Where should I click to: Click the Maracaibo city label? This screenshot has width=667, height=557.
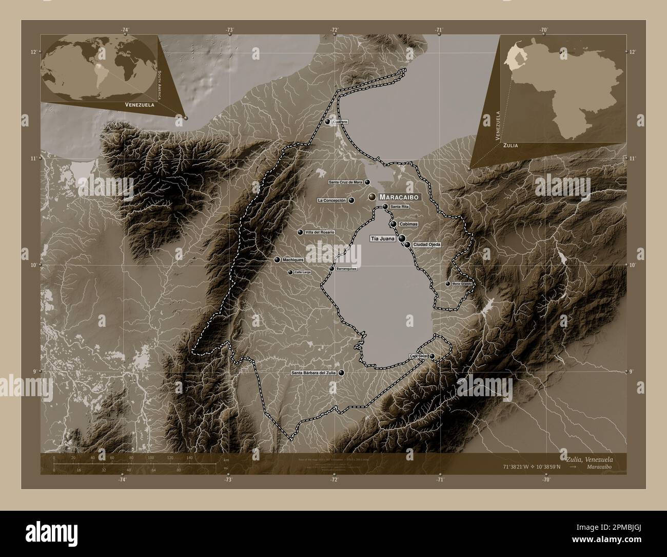400,197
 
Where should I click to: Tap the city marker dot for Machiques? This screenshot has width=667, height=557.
277,259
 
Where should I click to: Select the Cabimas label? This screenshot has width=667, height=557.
408,225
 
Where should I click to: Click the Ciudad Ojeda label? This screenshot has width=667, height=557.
427,245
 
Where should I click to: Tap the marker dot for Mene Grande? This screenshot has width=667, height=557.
447,284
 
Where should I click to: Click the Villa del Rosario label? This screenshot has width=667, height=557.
320,232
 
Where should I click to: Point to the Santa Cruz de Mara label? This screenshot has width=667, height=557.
345,182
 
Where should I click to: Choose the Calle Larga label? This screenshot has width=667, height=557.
303,272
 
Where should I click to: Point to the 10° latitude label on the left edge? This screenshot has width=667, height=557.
33,265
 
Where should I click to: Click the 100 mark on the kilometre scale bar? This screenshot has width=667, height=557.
150,457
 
